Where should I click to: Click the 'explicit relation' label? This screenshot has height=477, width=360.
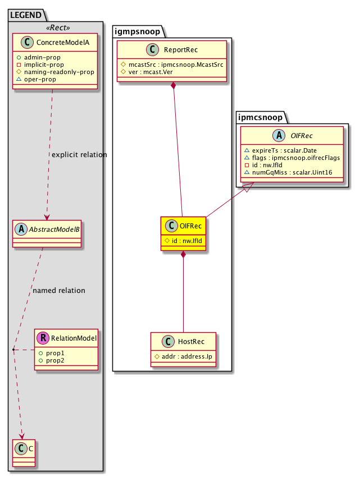(79, 154)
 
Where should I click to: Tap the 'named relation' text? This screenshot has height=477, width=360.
(59, 291)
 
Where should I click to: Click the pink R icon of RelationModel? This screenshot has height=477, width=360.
(43, 338)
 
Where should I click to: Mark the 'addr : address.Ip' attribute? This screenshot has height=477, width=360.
(186, 357)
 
